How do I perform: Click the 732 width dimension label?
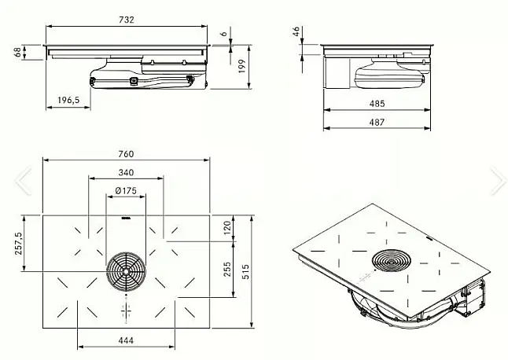[127, 20]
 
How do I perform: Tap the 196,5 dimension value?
[68, 100]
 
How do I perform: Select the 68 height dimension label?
[18, 52]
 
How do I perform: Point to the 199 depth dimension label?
[242, 66]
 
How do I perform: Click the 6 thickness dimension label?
[224, 34]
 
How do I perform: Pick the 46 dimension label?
[296, 31]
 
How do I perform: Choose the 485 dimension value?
[377, 104]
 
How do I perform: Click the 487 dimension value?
[377, 122]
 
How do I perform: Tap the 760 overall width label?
[126, 154]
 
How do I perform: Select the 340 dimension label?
[126, 172]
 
